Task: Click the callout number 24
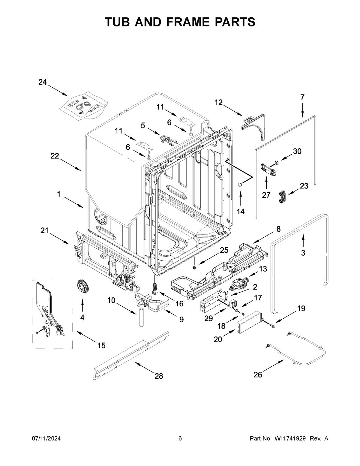pyautogui.click(x=43, y=82)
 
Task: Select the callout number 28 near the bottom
pyautogui.click(x=159, y=376)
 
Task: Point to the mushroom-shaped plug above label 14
pyautogui.click(x=240, y=184)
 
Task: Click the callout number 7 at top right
pyautogui.click(x=302, y=97)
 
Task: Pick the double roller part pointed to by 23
pyautogui.click(x=282, y=197)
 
